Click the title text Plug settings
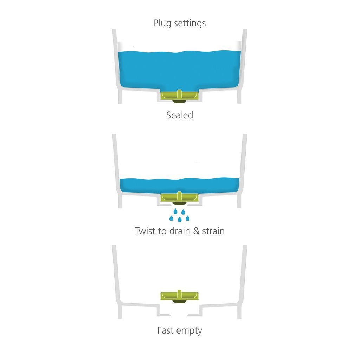[x=180, y=24]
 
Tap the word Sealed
[x=180, y=115]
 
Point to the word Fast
[x=166, y=330]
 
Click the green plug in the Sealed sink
[x=180, y=95]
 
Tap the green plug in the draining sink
[x=180, y=198]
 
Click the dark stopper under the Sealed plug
[x=180, y=101]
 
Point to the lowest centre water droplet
[x=180, y=220]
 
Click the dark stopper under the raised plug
[x=180, y=301]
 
